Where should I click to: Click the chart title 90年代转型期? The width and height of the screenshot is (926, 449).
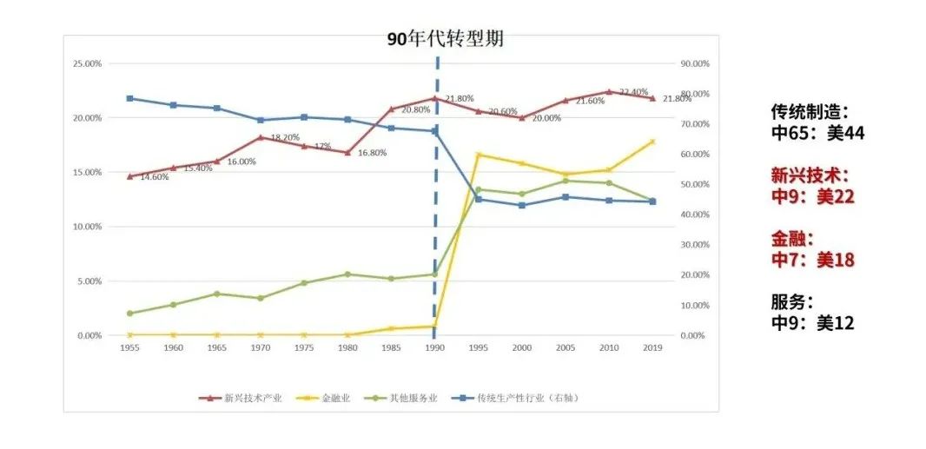tap(446, 39)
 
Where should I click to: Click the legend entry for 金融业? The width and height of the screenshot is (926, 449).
tap(329, 398)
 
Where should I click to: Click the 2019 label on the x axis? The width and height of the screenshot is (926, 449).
tap(652, 347)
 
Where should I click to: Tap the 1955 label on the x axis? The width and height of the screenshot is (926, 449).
tap(129, 347)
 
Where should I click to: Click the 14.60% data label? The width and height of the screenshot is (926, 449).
tap(154, 177)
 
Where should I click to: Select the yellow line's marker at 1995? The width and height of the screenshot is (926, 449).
tap(478, 155)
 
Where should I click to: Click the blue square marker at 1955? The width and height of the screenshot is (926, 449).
tap(129, 98)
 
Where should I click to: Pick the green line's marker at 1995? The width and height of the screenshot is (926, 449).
tap(478, 189)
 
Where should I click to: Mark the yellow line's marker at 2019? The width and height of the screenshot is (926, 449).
tap(652, 142)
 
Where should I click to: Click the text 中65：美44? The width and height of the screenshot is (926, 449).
tap(817, 133)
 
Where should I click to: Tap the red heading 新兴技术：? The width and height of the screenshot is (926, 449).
tap(810, 175)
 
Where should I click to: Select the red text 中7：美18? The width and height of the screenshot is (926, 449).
tap(812, 259)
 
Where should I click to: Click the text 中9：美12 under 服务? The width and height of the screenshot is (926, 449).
tap(812, 323)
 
